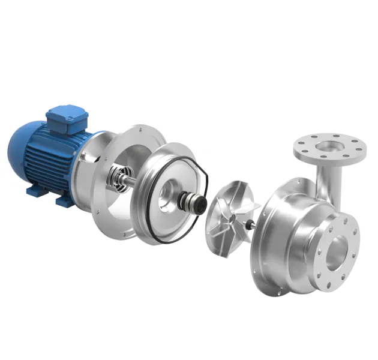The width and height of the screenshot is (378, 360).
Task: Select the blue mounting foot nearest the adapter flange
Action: tap(62, 199)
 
